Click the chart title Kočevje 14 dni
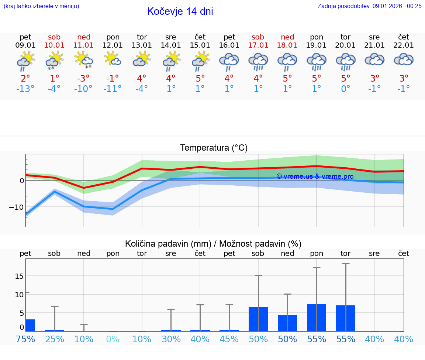[x=180, y=11]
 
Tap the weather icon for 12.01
[x=113, y=59]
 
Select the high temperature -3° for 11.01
[x=83, y=78]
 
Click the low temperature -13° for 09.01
[x=25, y=89]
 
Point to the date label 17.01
[x=258, y=45]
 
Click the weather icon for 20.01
[x=345, y=61]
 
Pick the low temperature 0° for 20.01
[x=345, y=89]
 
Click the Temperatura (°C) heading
[x=214, y=148]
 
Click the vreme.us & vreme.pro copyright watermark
[x=315, y=176]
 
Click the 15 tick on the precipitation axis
[x=20, y=276]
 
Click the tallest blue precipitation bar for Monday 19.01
[x=317, y=318]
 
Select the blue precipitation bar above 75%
[x=30, y=325]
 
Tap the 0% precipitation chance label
[x=113, y=339]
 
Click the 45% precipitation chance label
[x=229, y=339]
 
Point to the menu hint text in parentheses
[x=41, y=6]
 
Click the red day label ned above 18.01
[x=287, y=37]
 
